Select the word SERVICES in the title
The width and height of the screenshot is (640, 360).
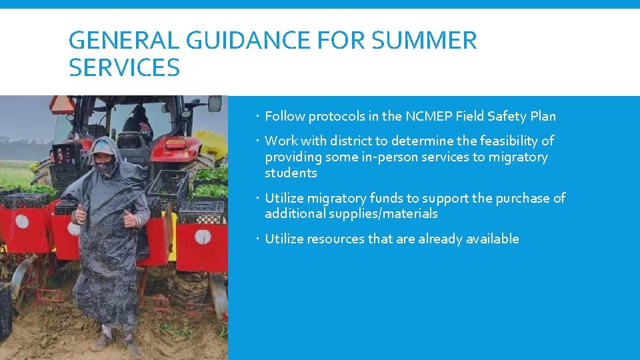point(124,67)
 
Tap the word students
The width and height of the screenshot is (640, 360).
point(291,173)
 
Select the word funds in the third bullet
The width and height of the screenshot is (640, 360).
point(387,198)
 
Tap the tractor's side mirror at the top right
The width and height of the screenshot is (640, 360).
point(215,103)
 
